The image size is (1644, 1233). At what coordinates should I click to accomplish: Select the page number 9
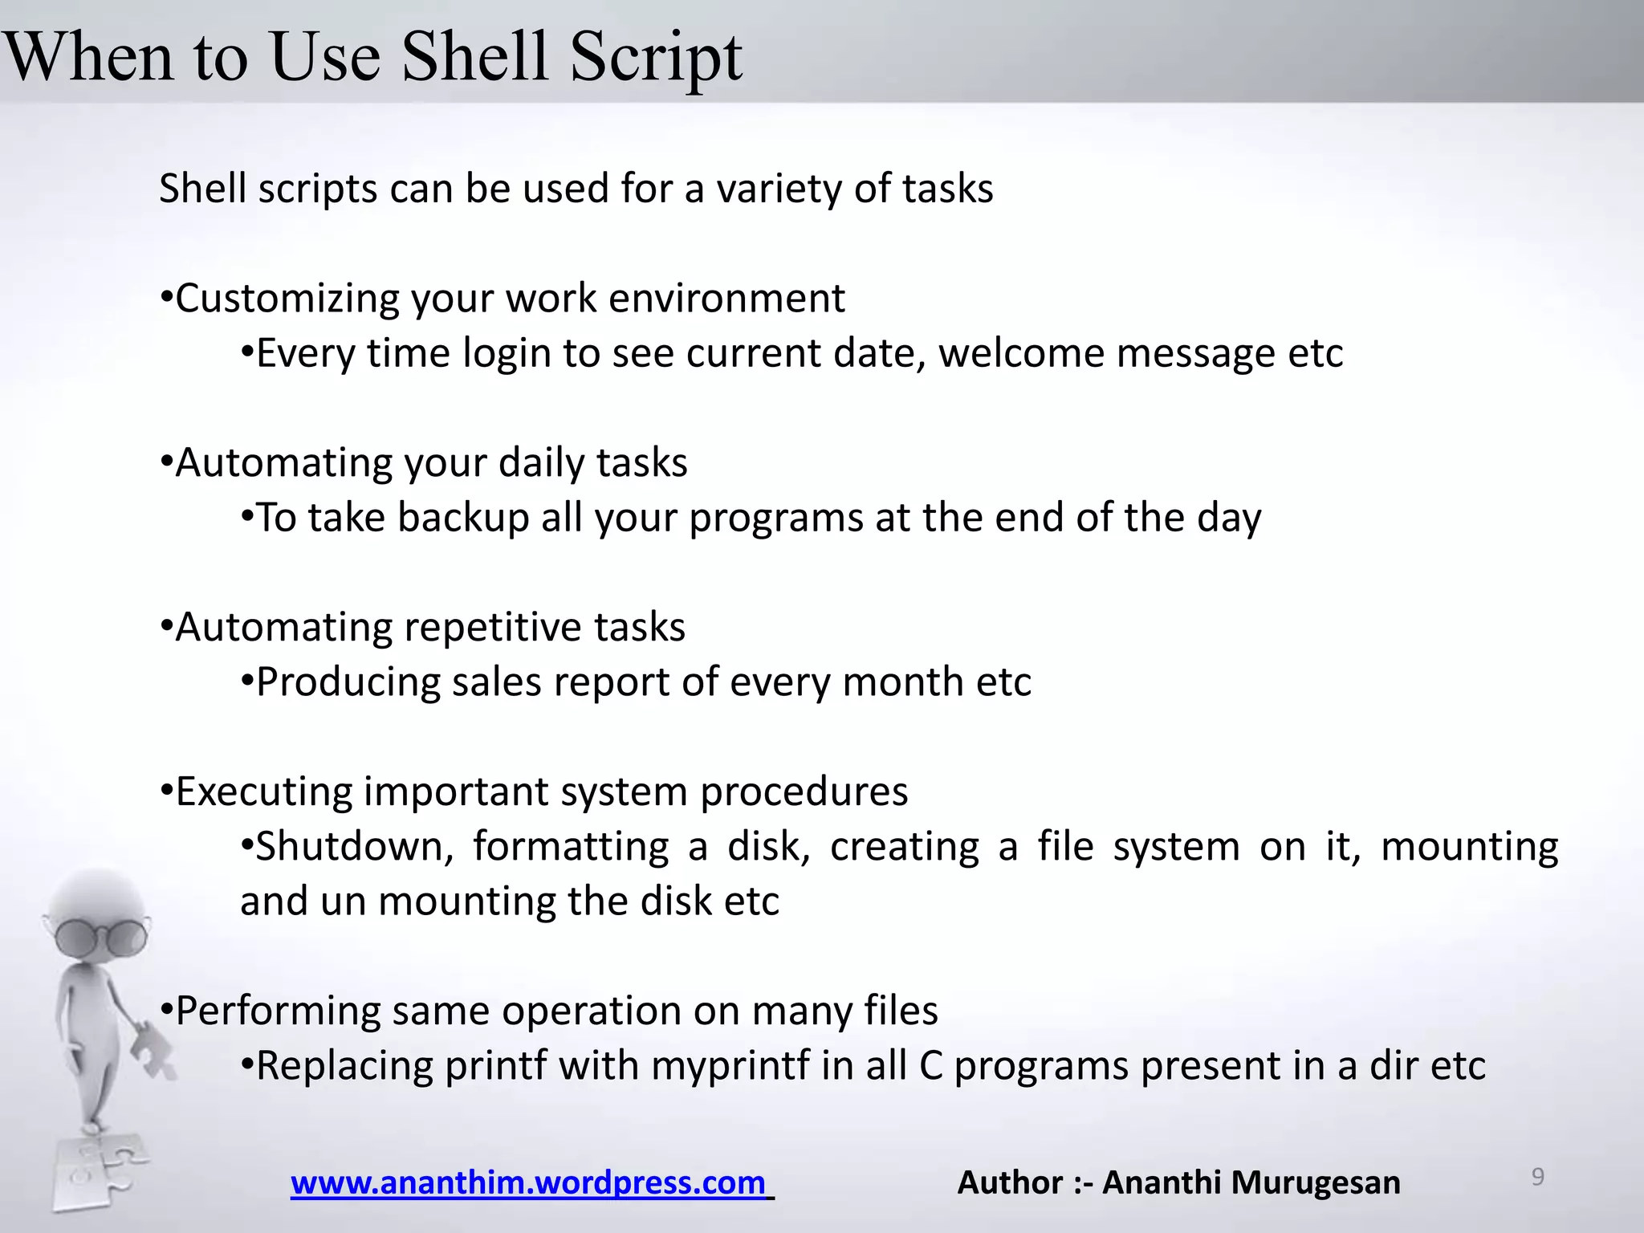click(1537, 1177)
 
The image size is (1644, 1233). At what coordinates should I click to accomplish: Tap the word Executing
click(263, 792)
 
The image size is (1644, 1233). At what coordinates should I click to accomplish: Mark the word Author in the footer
click(1010, 1182)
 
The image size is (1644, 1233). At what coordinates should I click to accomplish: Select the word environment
click(726, 299)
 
